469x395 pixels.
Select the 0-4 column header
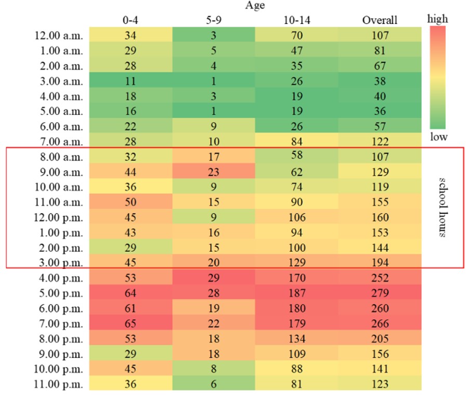pyautogui.click(x=130, y=20)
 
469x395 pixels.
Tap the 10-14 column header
pyautogui.click(x=297, y=20)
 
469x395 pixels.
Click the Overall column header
pyautogui.click(x=380, y=20)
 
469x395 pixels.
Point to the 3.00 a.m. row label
pyautogui.click(x=61, y=81)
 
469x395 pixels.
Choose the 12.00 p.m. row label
pyautogui.click(x=58, y=217)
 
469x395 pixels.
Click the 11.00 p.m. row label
pyautogui.click(x=58, y=384)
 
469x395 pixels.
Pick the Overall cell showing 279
pyautogui.click(x=380, y=293)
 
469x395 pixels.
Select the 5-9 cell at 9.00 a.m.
pyautogui.click(x=213, y=172)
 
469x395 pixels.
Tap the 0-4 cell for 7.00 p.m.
pyautogui.click(x=131, y=323)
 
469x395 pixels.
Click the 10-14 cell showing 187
pyautogui.click(x=297, y=293)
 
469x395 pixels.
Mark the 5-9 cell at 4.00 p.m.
pyautogui.click(x=213, y=278)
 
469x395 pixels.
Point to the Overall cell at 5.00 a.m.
pyautogui.click(x=380, y=111)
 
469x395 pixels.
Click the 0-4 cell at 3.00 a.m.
pyautogui.click(x=131, y=81)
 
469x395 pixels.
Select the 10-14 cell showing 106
pyautogui.click(x=297, y=217)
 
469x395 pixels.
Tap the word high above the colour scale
pyautogui.click(x=438, y=19)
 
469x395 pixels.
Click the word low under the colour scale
pyautogui.click(x=439, y=137)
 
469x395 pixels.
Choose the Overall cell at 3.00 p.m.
pyautogui.click(x=380, y=262)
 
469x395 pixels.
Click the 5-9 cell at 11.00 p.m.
pyautogui.click(x=213, y=384)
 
